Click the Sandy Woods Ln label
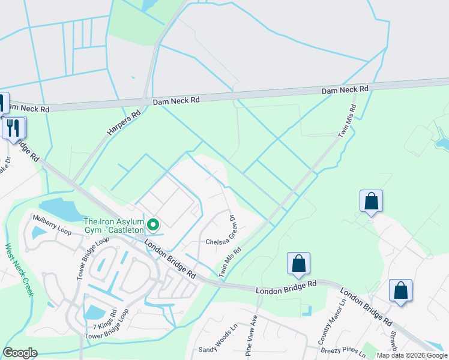coord(218,340)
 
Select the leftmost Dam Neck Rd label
coord(176,101)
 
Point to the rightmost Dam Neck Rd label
coord(345,90)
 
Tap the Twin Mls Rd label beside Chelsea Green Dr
coord(230,262)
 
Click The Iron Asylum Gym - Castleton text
coord(114,226)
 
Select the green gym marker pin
coord(153,226)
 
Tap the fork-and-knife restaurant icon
coord(13,128)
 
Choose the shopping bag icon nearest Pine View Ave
coord(298,263)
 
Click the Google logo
coord(20,353)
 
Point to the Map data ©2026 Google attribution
coord(412,355)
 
